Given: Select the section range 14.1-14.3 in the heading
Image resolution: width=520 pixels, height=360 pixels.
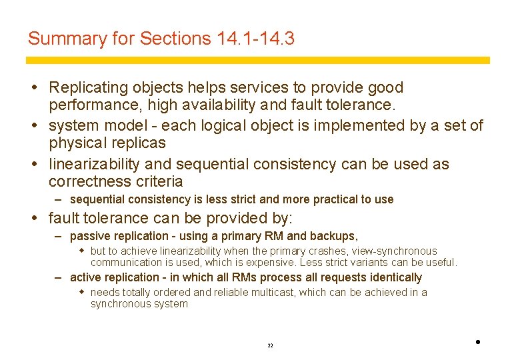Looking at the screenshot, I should [x=256, y=39].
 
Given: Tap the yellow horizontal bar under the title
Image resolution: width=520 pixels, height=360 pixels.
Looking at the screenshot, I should [x=257, y=60].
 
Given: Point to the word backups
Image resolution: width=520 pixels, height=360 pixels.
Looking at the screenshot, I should [x=333, y=236].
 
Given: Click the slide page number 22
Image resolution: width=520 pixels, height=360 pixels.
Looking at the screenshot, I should [x=270, y=346].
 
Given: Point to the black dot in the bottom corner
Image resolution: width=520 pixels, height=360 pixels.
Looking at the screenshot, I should [x=479, y=342].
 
